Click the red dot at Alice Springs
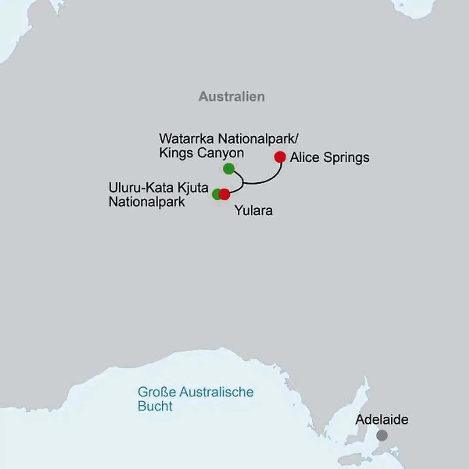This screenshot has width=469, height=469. (280, 157)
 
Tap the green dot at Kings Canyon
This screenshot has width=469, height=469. (229, 169)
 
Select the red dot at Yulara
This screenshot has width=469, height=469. (224, 194)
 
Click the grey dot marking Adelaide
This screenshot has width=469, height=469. (382, 435)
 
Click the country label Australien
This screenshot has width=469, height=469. (232, 97)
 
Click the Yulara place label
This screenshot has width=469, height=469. (253, 211)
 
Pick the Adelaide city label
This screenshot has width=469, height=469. (382, 419)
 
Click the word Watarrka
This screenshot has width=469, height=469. (187, 139)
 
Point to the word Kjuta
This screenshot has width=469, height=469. (193, 188)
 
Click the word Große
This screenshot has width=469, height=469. (157, 392)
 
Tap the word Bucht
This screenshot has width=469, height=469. (155, 406)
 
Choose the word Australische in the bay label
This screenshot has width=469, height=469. (216, 392)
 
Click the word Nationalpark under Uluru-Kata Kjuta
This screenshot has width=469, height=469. (147, 202)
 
